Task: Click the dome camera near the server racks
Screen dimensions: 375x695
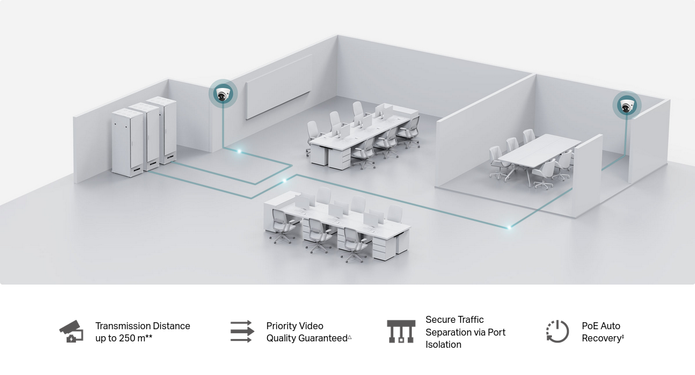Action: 223,94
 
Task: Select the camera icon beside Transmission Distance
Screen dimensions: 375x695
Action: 71,332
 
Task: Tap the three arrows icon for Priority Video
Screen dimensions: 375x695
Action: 242,332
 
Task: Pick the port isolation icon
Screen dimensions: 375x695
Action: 401,332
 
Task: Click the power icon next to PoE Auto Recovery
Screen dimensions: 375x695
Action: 557,332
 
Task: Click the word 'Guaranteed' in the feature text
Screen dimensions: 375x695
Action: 322,338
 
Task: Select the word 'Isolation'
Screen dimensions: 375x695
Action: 444,344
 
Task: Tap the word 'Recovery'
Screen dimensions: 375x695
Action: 601,338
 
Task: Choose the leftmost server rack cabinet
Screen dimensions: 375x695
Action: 127,142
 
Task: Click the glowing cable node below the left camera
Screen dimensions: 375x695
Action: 240,151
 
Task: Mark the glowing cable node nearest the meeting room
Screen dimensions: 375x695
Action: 509,227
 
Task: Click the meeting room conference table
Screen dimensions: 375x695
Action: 539,149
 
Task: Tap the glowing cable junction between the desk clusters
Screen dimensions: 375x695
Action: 284,181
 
